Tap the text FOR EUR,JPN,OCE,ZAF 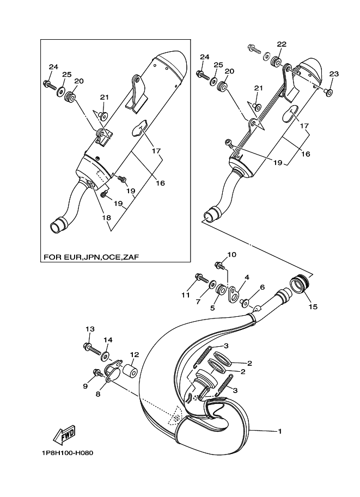pos(91,257)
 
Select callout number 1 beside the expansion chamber pos(280,431)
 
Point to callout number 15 pos(313,306)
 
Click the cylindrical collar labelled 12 pos(130,371)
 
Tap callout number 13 pos(90,329)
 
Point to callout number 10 pos(232,255)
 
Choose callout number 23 pos(334,74)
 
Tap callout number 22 pos(282,44)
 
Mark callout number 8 pos(97,394)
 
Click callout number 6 pos(262,287)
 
